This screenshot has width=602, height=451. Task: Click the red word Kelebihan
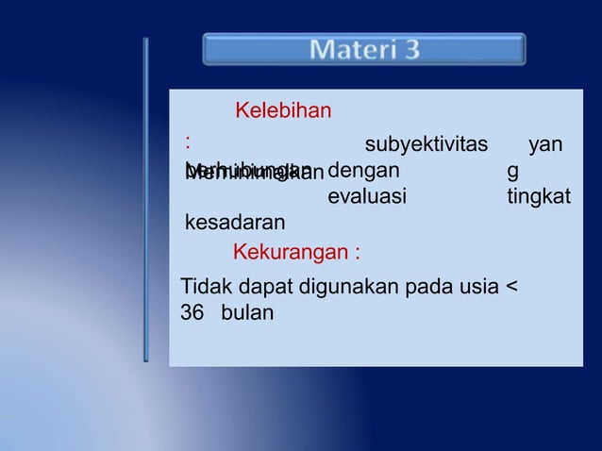point(282,112)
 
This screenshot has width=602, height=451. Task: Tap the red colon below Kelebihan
point(189,142)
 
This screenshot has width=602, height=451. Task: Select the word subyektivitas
point(426,144)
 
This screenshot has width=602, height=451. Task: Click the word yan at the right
point(547,144)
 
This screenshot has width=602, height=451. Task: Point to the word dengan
point(363,171)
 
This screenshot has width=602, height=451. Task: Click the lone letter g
point(512,173)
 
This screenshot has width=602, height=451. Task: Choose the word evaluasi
point(367,197)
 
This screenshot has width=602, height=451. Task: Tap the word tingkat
point(538,197)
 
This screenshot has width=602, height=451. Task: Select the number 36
point(192,312)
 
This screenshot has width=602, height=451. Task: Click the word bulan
point(247,312)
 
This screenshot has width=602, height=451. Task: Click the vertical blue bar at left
point(145,199)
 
